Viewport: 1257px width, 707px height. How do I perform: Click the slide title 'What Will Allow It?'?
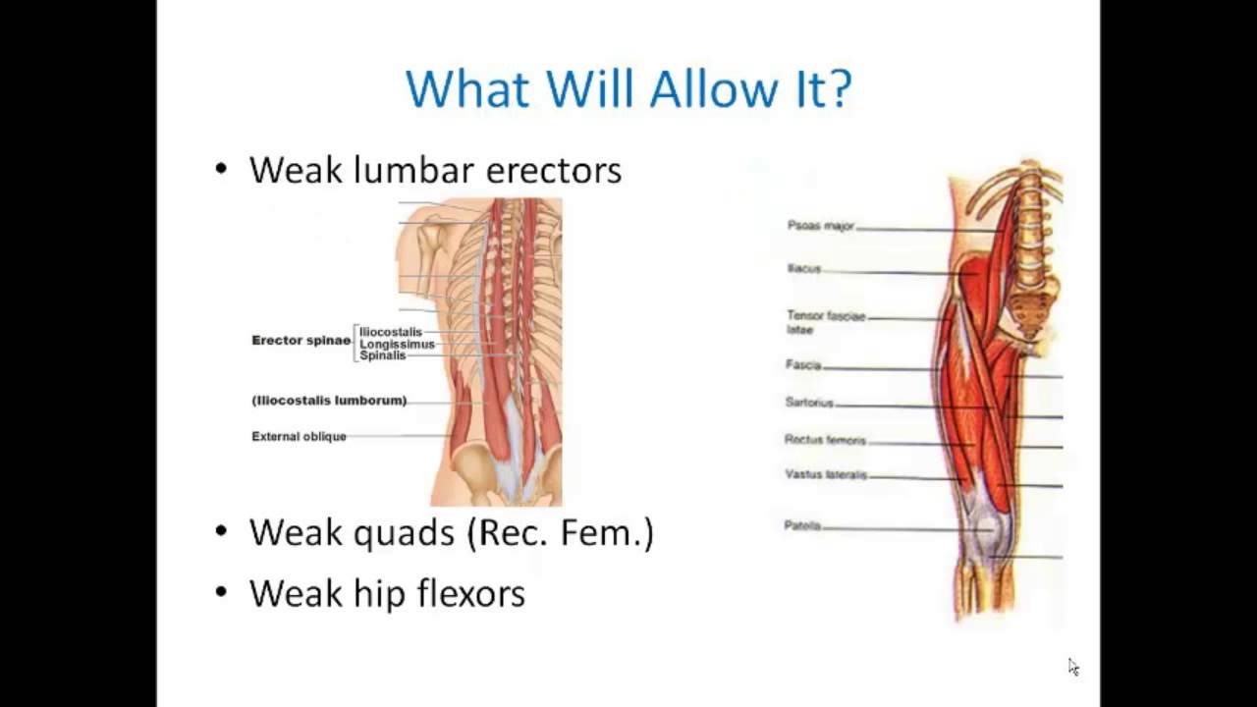pos(628,88)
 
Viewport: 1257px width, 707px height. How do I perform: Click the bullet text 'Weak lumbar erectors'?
pos(435,170)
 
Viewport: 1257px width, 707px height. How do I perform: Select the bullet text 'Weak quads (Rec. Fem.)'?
pos(451,532)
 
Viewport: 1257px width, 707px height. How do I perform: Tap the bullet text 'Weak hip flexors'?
pos(387,593)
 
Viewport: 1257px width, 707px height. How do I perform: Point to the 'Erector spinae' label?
pos(301,341)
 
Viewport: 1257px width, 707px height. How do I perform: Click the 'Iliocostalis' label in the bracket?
pos(390,332)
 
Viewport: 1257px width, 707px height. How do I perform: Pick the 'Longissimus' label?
pos(397,344)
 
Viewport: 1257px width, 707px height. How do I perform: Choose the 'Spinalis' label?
pos(382,355)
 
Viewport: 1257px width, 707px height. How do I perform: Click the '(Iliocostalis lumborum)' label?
pos(329,401)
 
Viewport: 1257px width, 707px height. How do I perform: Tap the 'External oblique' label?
pos(299,437)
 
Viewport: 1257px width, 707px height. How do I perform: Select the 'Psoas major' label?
pos(820,226)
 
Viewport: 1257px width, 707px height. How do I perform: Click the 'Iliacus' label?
pos(803,268)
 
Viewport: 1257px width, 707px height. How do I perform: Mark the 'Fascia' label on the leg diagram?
pos(802,365)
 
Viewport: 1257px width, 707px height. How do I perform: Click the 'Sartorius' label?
pos(809,403)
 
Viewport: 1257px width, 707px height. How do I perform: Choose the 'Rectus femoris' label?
pos(825,440)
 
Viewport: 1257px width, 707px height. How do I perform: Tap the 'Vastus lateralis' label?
pos(826,475)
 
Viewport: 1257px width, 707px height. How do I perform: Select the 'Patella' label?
pos(801,526)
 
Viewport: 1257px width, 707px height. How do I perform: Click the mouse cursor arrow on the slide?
pos(1073,667)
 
